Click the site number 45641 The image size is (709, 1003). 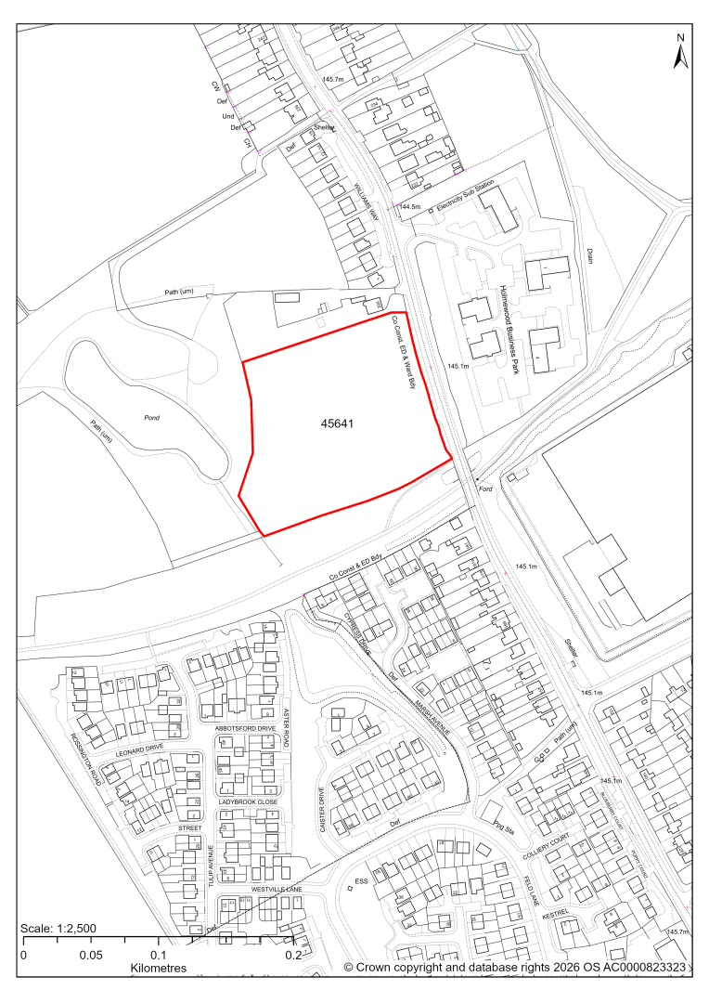pos(336,423)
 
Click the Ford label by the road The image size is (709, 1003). pos(484,488)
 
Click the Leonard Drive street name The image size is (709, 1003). pos(139,748)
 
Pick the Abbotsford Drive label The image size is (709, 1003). pos(245,729)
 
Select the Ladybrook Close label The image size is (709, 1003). pos(248,801)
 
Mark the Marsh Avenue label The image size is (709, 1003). pos(432,717)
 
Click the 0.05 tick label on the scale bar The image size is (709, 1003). pos(90,954)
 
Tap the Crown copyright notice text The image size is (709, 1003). pos(515,967)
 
